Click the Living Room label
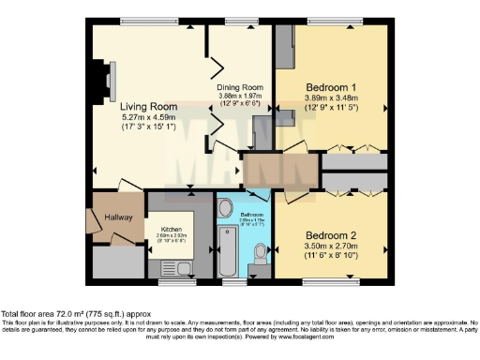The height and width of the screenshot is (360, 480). [x=149, y=107]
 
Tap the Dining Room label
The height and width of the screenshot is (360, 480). [x=241, y=87]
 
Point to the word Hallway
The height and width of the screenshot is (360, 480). [x=118, y=217]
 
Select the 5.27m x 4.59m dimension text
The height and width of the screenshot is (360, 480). [x=149, y=118]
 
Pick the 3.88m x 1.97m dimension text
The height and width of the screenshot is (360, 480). [x=241, y=96]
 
